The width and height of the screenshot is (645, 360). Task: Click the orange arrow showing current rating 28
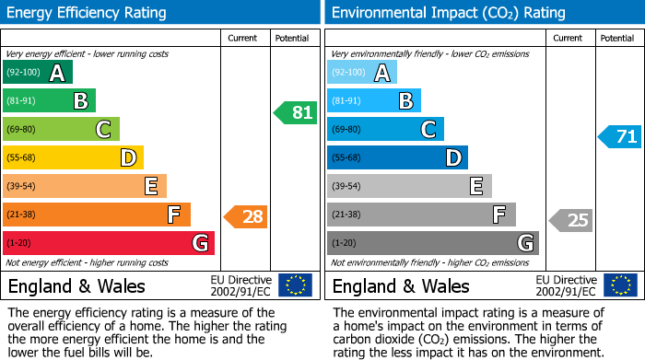[x=246, y=216]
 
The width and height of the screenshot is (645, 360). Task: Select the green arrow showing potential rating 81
[x=295, y=113]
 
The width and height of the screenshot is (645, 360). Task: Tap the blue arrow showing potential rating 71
[x=619, y=137]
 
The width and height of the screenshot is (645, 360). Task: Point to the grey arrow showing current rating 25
[x=571, y=220]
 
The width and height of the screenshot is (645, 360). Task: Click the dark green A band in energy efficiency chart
[x=37, y=73]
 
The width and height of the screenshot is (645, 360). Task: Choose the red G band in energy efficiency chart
[x=108, y=243]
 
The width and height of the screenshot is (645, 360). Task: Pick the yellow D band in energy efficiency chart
[x=73, y=158]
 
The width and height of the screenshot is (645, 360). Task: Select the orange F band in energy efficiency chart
[x=97, y=215]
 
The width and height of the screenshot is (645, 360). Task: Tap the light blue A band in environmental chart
[x=361, y=73]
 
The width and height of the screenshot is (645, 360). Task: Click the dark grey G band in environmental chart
[x=432, y=243]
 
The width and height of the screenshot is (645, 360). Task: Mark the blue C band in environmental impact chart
[x=385, y=130]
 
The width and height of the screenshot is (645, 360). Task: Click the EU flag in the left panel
[x=295, y=285]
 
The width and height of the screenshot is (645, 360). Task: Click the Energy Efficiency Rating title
[x=88, y=13]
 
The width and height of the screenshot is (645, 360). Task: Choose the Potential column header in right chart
[x=616, y=38]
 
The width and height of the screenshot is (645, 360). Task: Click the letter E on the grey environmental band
[x=475, y=187]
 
